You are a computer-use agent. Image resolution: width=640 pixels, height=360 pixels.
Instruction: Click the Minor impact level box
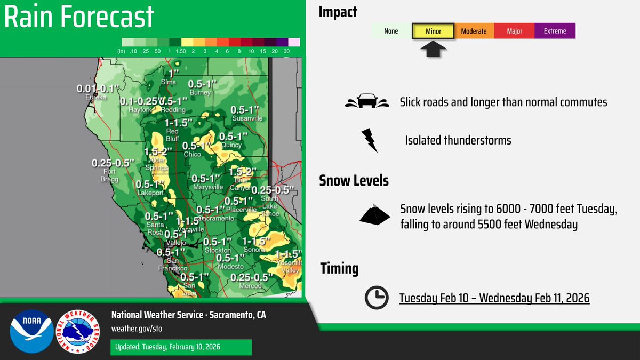(433, 31)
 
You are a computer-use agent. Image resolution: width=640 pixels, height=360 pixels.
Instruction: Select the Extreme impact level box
(555, 31)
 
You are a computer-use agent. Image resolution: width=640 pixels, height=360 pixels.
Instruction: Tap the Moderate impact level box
(474, 31)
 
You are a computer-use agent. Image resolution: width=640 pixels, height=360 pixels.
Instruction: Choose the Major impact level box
(514, 31)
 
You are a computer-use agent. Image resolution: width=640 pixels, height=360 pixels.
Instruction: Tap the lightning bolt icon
(369, 140)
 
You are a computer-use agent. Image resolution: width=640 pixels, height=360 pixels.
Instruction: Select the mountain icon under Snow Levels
(376, 214)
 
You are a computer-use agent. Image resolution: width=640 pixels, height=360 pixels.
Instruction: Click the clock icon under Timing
(377, 298)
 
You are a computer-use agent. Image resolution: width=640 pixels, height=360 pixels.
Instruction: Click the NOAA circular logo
(31, 331)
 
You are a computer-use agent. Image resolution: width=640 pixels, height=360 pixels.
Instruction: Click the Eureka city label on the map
(96, 98)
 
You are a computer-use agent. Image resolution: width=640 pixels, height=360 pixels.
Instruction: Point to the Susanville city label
(246, 118)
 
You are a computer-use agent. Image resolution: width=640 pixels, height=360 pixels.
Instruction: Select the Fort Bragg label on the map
(109, 175)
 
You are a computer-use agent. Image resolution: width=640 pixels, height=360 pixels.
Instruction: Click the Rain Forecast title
(79, 18)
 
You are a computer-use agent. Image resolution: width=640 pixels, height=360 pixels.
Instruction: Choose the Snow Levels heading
(354, 180)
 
